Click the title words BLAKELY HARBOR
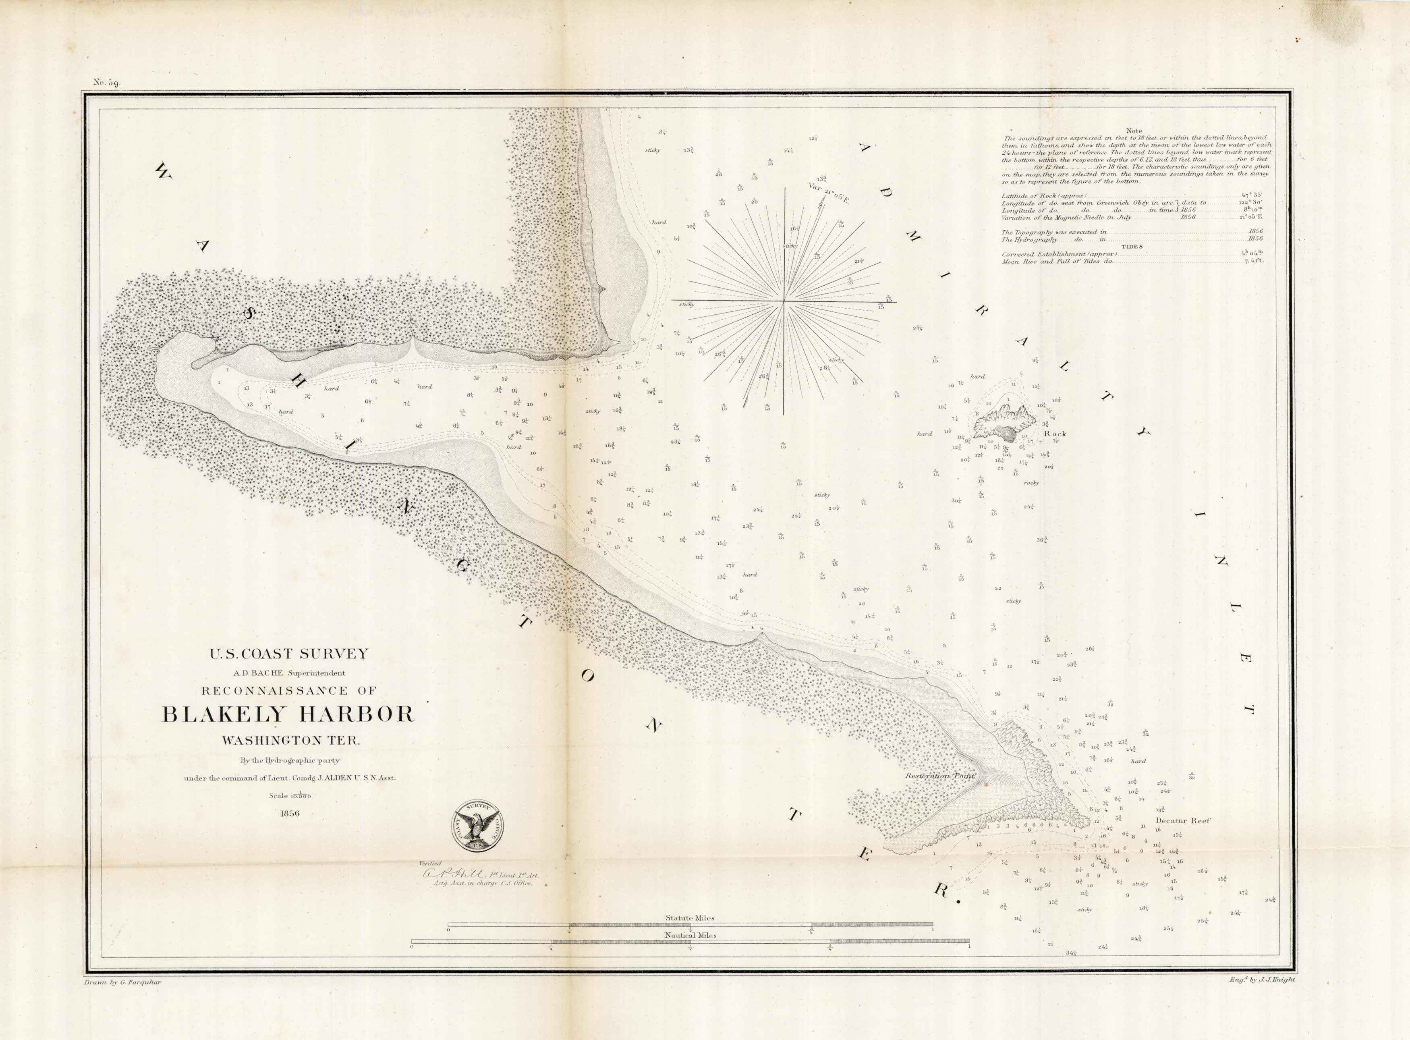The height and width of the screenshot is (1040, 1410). tap(289, 714)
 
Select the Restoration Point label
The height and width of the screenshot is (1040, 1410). tap(940, 776)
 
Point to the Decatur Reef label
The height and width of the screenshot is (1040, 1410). tap(1183, 821)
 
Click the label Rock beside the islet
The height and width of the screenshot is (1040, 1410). tap(1055, 434)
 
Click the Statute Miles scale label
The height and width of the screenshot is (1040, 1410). tap(690, 918)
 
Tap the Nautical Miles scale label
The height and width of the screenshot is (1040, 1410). tap(690, 936)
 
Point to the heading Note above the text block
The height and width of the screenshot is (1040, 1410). tap(1134, 131)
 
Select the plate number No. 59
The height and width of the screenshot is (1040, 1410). tap(107, 82)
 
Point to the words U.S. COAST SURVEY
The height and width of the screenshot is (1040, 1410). tap(289, 654)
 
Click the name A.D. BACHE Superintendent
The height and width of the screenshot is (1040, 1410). tap(289, 673)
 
